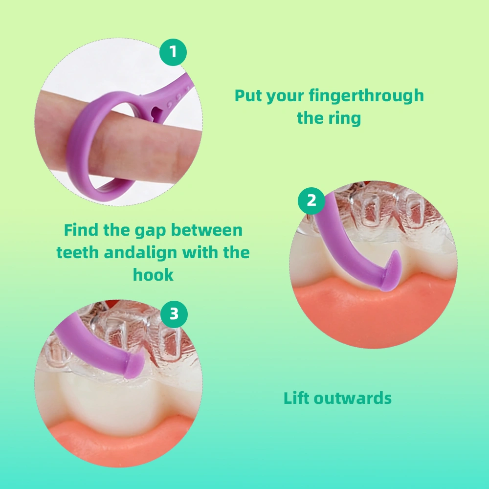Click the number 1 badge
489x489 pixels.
pos(173,52)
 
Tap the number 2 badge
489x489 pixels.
pos(311,200)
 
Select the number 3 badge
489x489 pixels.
pos(174,314)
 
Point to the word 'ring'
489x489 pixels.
pos(345,118)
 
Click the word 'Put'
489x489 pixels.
pos(248,95)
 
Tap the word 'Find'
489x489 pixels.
pos(81,229)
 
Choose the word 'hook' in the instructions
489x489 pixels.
pos(153,275)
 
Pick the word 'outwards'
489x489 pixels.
pos(353,398)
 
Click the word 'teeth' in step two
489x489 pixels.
pos(77,252)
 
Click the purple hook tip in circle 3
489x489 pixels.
pos(135,366)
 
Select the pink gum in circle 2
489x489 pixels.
pos(372,313)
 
